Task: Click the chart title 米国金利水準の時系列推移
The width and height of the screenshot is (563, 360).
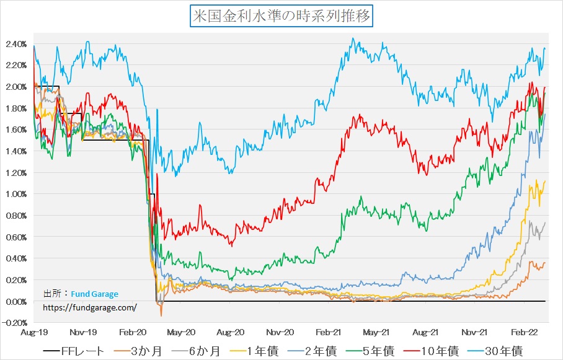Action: pyautogui.click(x=281, y=16)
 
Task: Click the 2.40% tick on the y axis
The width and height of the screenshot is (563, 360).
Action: pyautogui.click(x=16, y=44)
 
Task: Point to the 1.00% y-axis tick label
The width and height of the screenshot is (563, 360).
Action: pyautogui.click(x=16, y=194)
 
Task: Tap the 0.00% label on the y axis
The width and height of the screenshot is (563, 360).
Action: pyautogui.click(x=16, y=301)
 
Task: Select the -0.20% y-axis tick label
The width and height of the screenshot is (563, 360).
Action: pyautogui.click(x=15, y=323)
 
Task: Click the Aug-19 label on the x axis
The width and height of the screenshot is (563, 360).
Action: pyautogui.click(x=32, y=332)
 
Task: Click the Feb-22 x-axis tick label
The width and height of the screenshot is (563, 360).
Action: pyautogui.click(x=528, y=332)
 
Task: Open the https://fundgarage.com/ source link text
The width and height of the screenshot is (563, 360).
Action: pyautogui.click(x=89, y=307)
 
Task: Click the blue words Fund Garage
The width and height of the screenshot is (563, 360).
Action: pyautogui.click(x=94, y=294)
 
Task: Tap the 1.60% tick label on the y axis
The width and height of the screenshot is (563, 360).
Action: pyautogui.click(x=16, y=130)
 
